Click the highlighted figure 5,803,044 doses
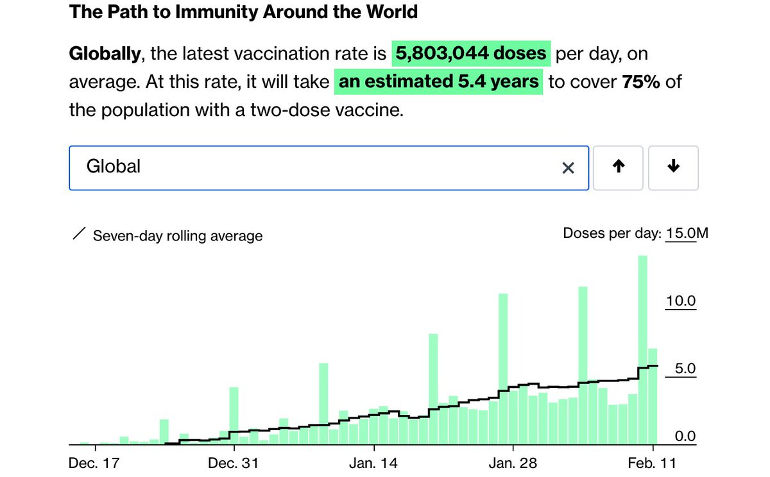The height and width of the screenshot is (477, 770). [x=471, y=54]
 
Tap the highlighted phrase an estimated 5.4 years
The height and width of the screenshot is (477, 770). [x=438, y=82]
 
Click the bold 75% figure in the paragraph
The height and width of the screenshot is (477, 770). [x=641, y=82]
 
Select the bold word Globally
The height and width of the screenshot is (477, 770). [x=105, y=54]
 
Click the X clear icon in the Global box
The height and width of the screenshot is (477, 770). [x=568, y=168]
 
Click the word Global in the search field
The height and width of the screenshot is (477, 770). [x=114, y=167]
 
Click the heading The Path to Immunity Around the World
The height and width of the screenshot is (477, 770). [x=243, y=12]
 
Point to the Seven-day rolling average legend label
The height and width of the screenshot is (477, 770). [x=178, y=236]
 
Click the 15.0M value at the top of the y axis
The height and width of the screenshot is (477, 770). [x=687, y=233]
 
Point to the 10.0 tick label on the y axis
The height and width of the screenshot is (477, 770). [x=680, y=301]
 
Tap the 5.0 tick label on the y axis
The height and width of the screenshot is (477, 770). [x=684, y=369]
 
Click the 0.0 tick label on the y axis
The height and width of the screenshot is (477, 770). [x=684, y=437]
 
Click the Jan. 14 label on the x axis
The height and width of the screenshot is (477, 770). [x=373, y=463]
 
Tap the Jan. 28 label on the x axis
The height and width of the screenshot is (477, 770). [x=513, y=463]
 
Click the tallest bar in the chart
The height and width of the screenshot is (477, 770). [x=642, y=349]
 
